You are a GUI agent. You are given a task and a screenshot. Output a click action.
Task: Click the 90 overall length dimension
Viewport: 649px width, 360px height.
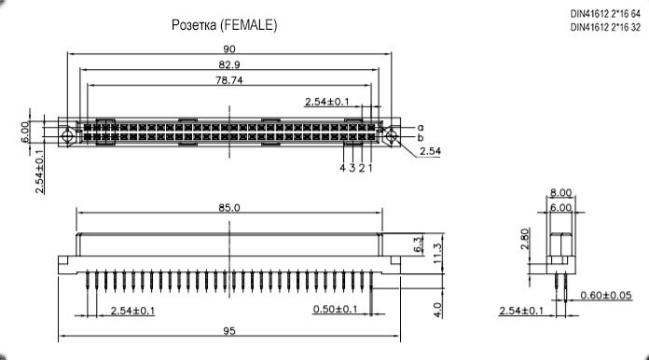click(228, 48)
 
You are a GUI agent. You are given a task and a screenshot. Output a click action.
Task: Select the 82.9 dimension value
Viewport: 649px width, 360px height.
click(229, 64)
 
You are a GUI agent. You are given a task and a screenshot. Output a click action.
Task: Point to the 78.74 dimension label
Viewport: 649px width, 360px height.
click(228, 80)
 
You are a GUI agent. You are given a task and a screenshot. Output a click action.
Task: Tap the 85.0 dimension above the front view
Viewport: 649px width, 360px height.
click(228, 207)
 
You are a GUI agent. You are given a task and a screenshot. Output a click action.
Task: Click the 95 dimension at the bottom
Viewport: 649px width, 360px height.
click(229, 330)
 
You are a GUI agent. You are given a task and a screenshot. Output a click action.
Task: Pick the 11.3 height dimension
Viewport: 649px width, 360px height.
click(437, 253)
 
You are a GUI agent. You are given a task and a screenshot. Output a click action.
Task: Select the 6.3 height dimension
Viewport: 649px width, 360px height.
click(418, 244)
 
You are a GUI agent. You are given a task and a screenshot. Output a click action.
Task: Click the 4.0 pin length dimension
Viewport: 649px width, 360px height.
click(437, 310)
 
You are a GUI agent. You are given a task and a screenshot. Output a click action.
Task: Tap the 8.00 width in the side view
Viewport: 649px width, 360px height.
click(560, 192)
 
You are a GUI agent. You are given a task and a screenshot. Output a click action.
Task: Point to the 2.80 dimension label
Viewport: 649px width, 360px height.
click(525, 239)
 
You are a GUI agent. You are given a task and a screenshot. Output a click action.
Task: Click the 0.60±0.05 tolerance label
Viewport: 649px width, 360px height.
click(606, 295)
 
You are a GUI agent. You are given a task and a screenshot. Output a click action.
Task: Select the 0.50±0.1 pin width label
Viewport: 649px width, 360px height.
click(335, 309)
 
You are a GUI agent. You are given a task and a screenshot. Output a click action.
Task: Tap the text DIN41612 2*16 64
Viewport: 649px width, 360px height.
click(605, 14)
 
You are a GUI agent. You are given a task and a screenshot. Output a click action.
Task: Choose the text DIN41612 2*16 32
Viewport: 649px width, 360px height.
click(605, 27)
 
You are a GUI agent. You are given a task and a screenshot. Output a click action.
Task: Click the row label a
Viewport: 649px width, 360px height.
click(421, 127)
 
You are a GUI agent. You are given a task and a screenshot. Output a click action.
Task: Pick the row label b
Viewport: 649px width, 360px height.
click(421, 137)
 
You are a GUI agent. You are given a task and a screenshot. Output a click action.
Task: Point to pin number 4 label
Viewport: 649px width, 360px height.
click(342, 168)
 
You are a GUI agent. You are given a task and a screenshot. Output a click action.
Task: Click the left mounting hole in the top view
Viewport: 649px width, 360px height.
click(66, 136)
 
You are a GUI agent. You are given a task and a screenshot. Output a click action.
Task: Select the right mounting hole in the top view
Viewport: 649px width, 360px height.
click(392, 136)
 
